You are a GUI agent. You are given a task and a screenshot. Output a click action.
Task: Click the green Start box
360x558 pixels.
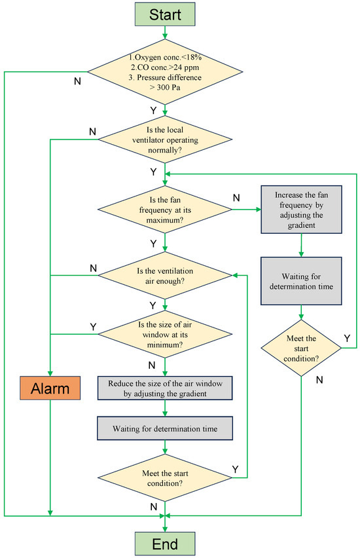pyautogui.click(x=165, y=14)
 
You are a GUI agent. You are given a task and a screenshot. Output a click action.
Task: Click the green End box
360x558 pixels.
pyautogui.click(x=165, y=544)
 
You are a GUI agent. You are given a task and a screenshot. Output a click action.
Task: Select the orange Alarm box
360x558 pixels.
pyautogui.click(x=50, y=388)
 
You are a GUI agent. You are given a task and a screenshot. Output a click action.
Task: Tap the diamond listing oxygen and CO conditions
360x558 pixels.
pyautogui.click(x=165, y=72)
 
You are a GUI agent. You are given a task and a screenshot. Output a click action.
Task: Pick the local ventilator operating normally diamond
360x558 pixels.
pyautogui.click(x=165, y=139)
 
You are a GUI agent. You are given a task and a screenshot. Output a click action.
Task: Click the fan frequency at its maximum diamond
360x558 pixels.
pyautogui.click(x=165, y=210)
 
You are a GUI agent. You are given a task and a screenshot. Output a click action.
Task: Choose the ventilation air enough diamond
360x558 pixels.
pyautogui.click(x=165, y=276)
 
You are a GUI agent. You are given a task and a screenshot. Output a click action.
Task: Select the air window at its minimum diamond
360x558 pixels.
pyautogui.click(x=165, y=334)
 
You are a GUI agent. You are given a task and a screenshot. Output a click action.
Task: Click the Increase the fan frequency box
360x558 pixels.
pyautogui.click(x=301, y=210)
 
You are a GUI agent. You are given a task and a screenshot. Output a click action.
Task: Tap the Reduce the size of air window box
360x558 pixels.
pyautogui.click(x=165, y=388)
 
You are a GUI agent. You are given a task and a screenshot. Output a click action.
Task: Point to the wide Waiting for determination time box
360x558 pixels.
pyautogui.click(x=165, y=428)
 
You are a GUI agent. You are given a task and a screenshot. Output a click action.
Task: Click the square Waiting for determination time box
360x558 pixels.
pyautogui.click(x=301, y=281)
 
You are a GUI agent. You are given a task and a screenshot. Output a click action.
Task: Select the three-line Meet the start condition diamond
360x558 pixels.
pyautogui.click(x=301, y=348)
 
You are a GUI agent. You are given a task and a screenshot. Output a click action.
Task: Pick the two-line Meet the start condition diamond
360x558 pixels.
pyautogui.click(x=165, y=478)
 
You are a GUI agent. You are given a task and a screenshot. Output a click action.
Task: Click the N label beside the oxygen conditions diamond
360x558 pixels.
pyautogui.click(x=77, y=81)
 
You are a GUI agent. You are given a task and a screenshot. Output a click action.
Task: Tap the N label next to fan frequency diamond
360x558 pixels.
pyautogui.click(x=236, y=198)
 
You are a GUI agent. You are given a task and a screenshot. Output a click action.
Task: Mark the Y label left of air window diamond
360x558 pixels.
pyautogui.click(x=93, y=327)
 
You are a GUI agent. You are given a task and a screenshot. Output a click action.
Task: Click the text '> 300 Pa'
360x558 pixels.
pyautogui.click(x=165, y=87)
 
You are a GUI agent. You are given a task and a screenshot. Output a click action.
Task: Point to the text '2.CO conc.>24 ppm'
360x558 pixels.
pyautogui.click(x=165, y=67)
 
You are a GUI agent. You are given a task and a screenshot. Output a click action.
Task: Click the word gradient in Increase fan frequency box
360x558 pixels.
pyautogui.click(x=301, y=225)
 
